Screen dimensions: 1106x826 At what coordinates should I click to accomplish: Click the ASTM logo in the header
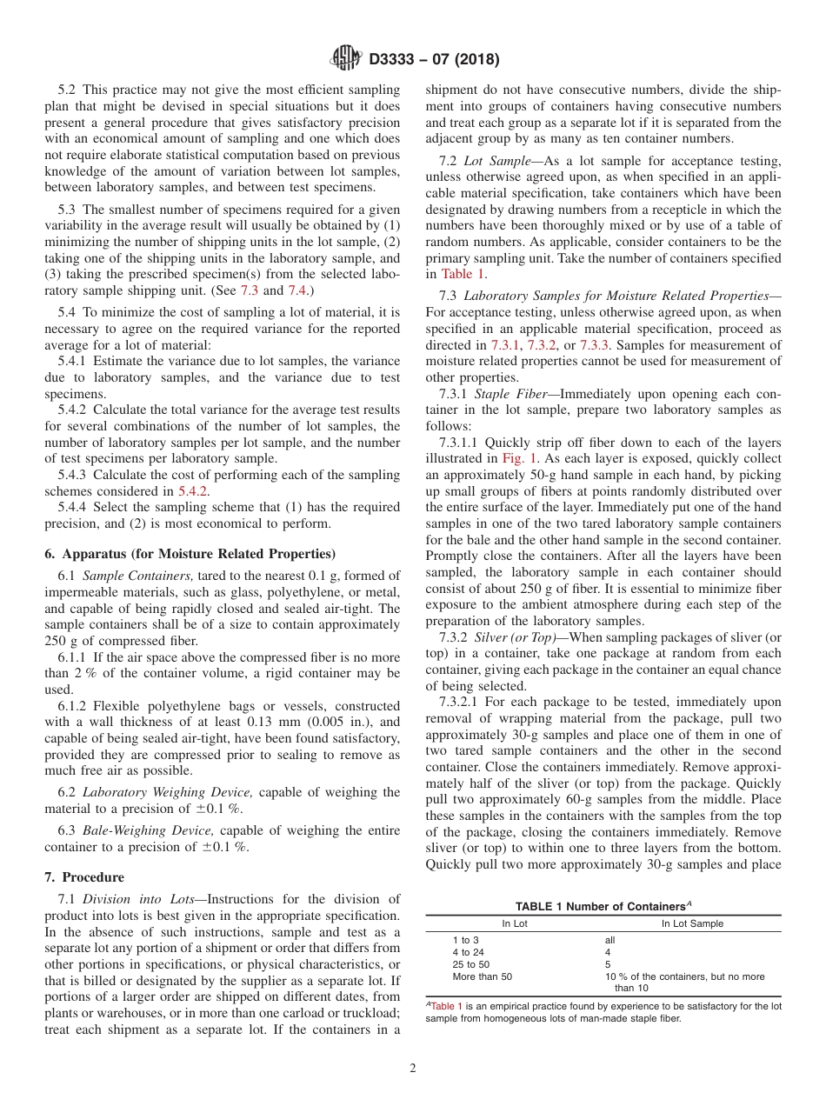pyautogui.click(x=345, y=59)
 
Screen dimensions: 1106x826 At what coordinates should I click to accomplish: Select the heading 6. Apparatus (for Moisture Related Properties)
pyautogui.click(x=190, y=553)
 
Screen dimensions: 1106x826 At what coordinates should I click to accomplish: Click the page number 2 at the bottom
pyautogui.click(x=413, y=1069)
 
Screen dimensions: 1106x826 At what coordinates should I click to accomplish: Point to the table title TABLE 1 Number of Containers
pyautogui.click(x=603, y=906)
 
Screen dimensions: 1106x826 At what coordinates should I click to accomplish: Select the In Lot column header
pyautogui.click(x=515, y=923)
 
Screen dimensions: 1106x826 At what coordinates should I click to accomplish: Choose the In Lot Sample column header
pyautogui.click(x=692, y=923)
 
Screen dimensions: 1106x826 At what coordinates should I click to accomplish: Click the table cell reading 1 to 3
pyautogui.click(x=465, y=940)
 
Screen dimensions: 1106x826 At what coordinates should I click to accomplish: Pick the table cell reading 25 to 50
pyautogui.click(x=470, y=964)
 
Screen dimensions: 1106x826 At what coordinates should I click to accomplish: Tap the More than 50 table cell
pyautogui.click(x=483, y=976)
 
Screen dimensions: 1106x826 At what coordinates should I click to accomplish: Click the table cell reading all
pyautogui.click(x=610, y=940)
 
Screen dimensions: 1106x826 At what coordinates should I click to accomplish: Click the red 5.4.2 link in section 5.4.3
pyautogui.click(x=195, y=490)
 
